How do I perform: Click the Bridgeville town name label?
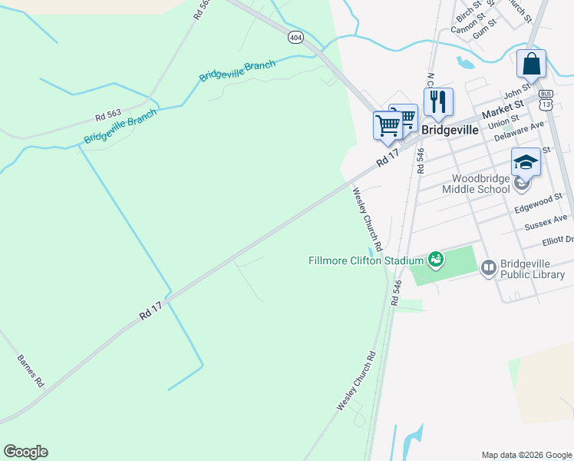coord(450,130)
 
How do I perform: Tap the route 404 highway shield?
coord(295,37)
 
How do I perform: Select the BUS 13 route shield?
coord(546,100)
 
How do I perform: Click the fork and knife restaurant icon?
coord(437,101)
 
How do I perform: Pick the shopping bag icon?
coord(531,65)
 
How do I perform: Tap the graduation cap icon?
coord(526,162)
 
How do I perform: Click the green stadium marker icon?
coord(436,260)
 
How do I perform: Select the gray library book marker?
coord(488,267)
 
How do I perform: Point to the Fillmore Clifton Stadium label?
coord(367,260)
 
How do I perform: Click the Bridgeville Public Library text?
coord(532,268)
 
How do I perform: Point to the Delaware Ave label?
coord(519,131)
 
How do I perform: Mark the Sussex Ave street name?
coord(546,223)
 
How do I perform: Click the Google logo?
coord(25,452)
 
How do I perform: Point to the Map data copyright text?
coord(526,455)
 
